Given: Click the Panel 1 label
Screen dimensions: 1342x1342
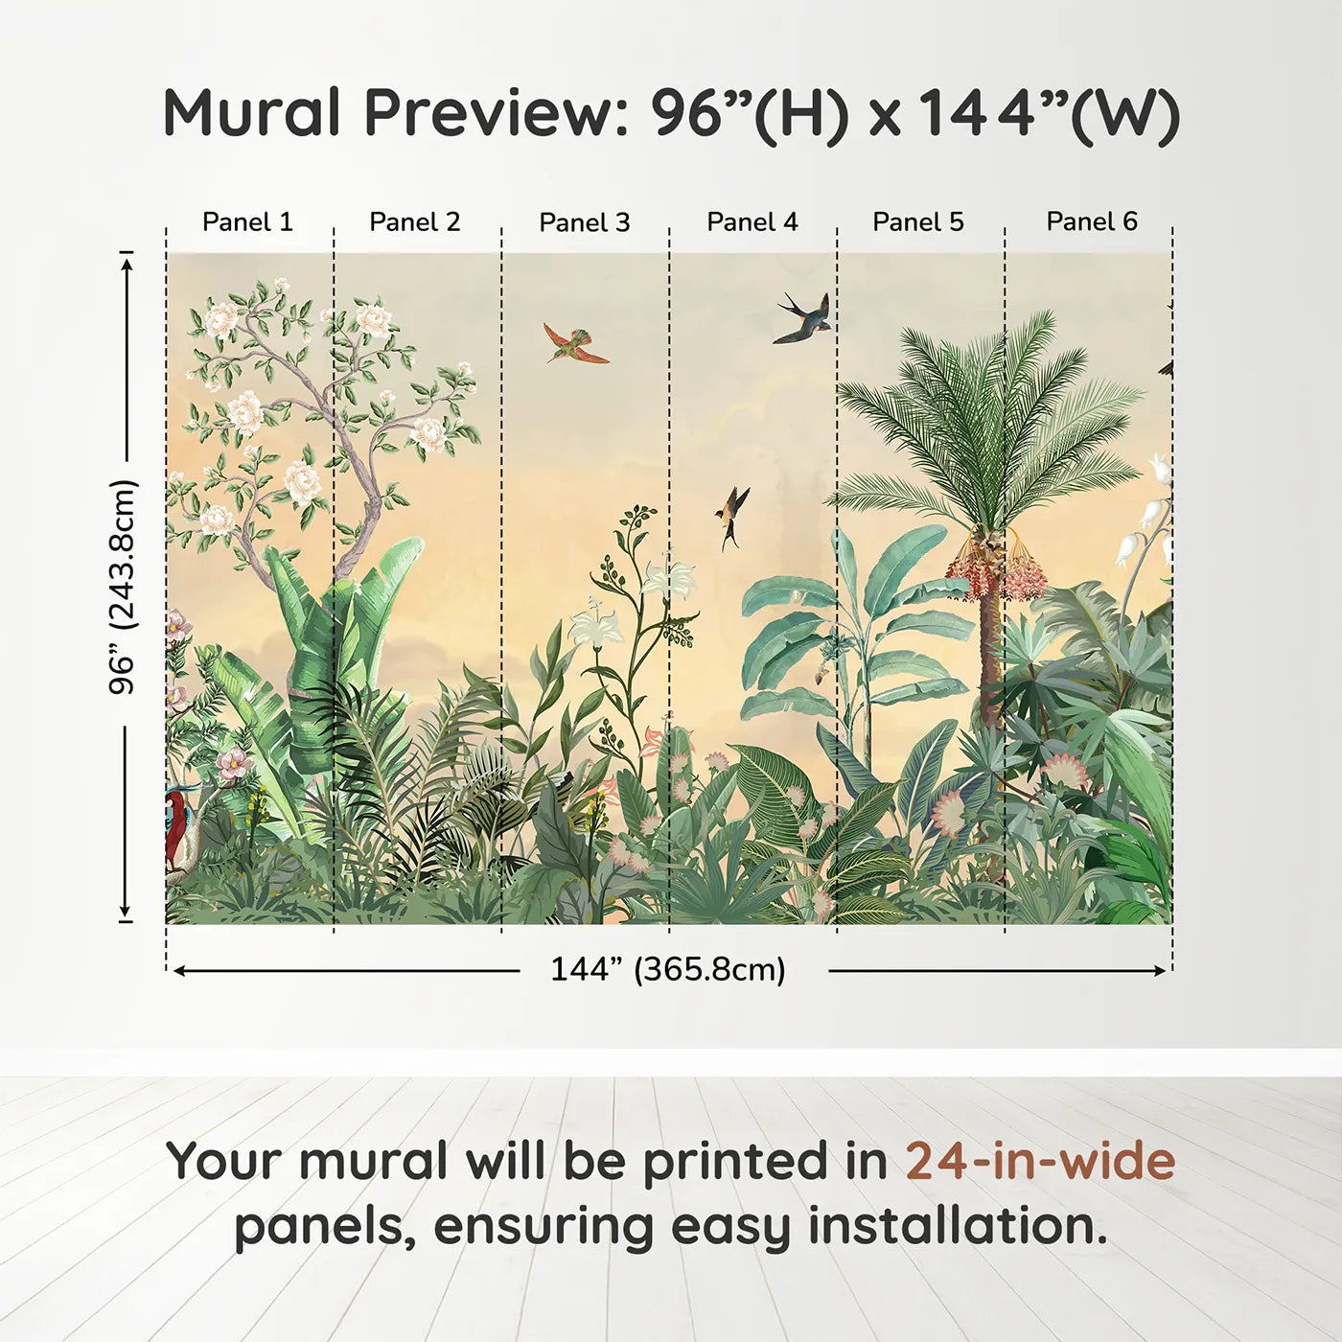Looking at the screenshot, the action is coord(247,221).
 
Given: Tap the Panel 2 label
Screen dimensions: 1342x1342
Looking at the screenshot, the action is coord(414,221).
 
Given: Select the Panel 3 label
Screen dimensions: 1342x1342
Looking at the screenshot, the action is coord(585,222).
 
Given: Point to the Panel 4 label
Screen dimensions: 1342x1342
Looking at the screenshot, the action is coord(752,221).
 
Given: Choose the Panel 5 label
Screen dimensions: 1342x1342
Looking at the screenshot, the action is coord(918,221).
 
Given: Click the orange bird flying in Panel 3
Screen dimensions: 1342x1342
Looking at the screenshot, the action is coord(575,343).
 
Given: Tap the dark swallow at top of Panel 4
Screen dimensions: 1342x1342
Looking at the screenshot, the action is coord(802,317).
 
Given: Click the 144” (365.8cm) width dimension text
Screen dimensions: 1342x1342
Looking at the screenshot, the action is coord(668,969).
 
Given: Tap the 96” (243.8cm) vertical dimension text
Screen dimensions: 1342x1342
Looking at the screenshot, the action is coord(123,587).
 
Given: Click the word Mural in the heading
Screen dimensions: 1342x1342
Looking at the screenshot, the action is coord(252,112).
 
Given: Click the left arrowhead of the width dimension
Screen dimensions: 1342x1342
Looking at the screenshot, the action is coord(178,971).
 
